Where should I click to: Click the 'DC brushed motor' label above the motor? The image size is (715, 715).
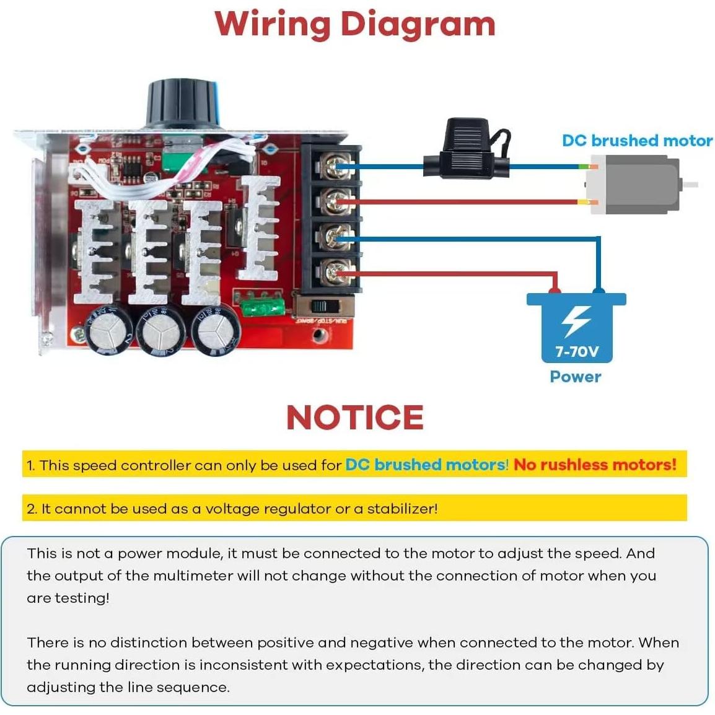coord(637,141)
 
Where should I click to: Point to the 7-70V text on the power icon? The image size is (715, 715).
coord(576,352)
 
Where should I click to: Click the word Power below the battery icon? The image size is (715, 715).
coord(576,377)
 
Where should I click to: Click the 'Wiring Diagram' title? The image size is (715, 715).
coord(355,25)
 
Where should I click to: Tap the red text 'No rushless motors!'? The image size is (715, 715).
coord(595,465)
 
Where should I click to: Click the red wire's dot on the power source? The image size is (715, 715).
coord(555,290)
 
